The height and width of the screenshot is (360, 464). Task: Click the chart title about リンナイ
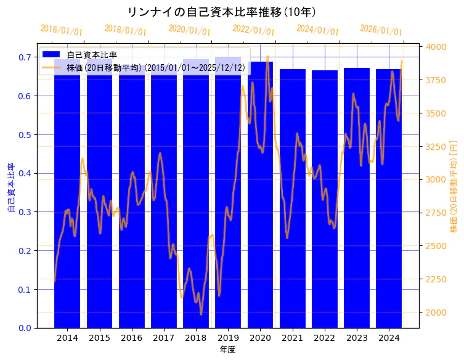click(221, 12)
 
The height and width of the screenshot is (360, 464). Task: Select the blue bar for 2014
click(67, 203)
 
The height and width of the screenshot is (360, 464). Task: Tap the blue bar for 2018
click(196, 203)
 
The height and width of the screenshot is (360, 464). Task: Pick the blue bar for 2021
click(292, 203)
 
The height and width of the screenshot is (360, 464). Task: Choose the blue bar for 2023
click(357, 203)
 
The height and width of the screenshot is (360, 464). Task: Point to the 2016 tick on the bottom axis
click(131, 338)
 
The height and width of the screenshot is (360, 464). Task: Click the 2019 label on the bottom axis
click(228, 338)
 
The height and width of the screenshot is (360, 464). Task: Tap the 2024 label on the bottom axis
click(389, 338)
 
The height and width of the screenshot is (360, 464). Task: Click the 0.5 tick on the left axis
click(25, 134)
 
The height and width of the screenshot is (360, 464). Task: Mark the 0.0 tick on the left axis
click(25, 328)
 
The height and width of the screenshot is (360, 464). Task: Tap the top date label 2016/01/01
click(61, 30)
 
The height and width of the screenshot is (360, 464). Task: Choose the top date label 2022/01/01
click(253, 30)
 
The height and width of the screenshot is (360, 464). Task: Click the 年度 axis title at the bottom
click(227, 350)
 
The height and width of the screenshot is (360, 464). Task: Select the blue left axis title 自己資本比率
click(10, 188)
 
